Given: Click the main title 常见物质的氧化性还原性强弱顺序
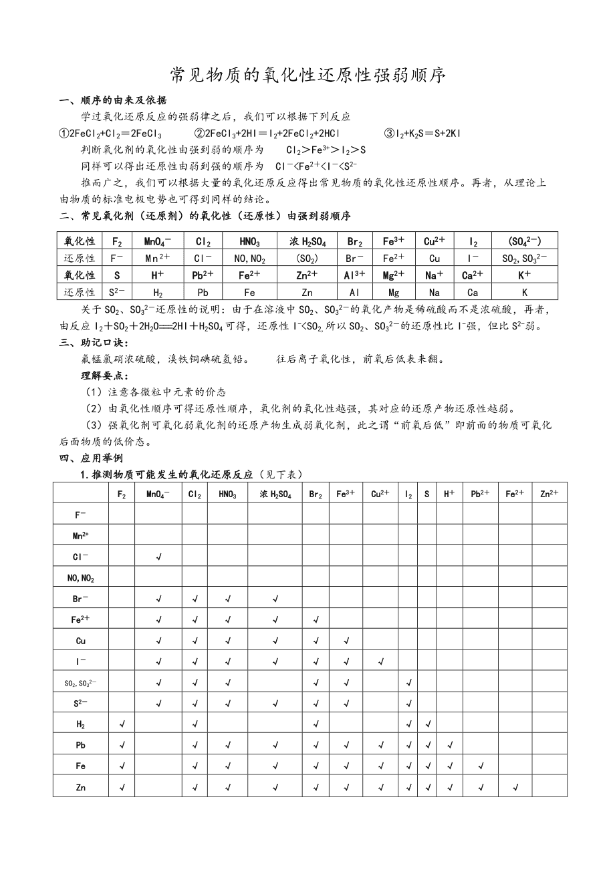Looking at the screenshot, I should (x=307, y=75).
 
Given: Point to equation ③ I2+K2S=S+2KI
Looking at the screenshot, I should (x=422, y=133).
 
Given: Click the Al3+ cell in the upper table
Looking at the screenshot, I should (x=354, y=274).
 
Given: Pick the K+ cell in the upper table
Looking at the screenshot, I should (x=524, y=274).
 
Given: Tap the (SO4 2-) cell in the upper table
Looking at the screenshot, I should (x=524, y=241).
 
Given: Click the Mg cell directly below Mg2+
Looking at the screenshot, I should (x=393, y=292).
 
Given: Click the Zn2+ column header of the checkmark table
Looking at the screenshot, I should (x=549, y=494).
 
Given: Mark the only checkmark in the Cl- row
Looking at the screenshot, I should (x=158, y=557).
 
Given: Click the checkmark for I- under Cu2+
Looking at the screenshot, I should (x=380, y=662).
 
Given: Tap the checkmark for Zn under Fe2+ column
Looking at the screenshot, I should (x=515, y=787).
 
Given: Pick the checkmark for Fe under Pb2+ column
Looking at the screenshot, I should (x=481, y=766).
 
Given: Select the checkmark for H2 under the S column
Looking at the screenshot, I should (x=427, y=724).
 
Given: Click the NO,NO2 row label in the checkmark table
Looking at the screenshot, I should (x=81, y=578).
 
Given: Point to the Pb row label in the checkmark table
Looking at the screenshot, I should (x=81, y=746).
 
